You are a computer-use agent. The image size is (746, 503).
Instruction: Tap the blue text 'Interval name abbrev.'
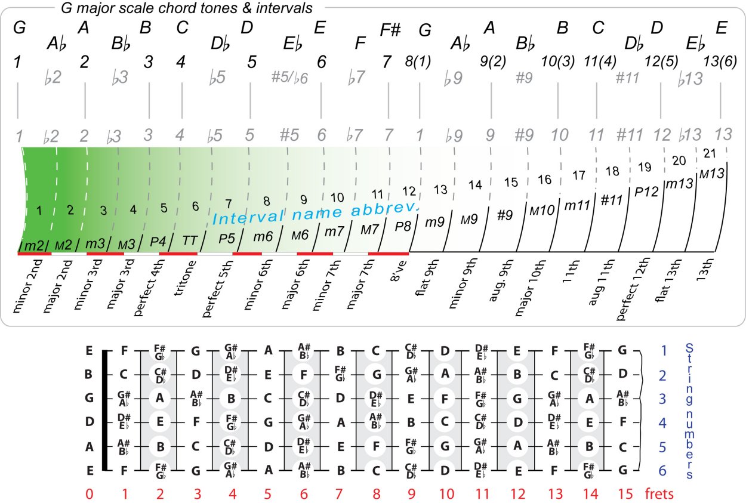pos(316,212)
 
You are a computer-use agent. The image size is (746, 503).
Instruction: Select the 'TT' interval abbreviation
pos(190,240)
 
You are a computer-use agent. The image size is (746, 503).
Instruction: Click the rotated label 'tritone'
pos(183,274)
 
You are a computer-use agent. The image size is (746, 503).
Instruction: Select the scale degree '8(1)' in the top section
pos(418,60)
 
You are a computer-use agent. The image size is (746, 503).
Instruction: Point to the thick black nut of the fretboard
pos(105,411)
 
